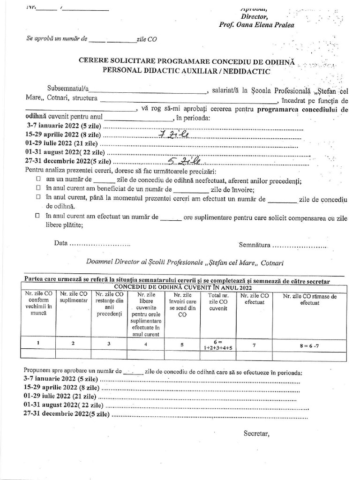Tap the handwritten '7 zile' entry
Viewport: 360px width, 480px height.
[174, 135]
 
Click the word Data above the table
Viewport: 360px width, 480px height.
[60, 244]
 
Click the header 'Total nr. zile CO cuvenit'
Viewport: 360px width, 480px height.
[218, 303]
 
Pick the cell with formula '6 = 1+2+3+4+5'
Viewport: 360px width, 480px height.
[218, 345]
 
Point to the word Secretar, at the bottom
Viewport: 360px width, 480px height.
[256, 433]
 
